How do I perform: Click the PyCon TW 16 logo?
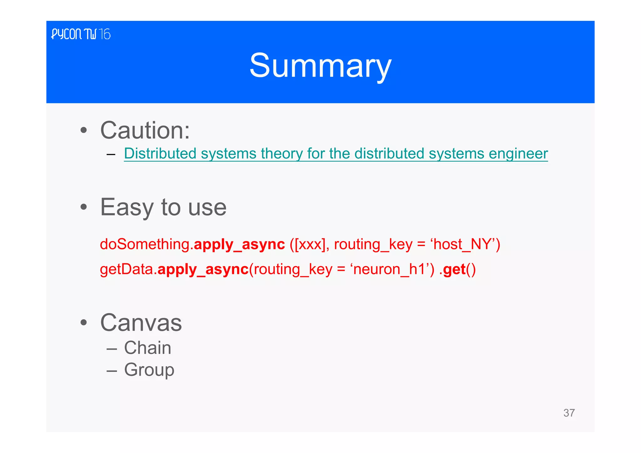pos(81,34)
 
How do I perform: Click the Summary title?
pos(320,65)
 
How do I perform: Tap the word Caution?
pos(145,130)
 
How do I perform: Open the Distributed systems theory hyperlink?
pos(336,154)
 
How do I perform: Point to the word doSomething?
pos(145,244)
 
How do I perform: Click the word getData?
pos(126,269)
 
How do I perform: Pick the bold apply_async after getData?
pos(203,270)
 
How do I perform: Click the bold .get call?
pos(453,270)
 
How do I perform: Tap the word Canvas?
pos(141,323)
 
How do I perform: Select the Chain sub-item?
pos(147,348)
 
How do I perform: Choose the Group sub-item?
pos(149,370)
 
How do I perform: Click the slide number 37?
pos(569,413)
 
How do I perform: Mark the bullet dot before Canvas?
pos(83,323)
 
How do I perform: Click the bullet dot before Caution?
pos(83,130)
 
